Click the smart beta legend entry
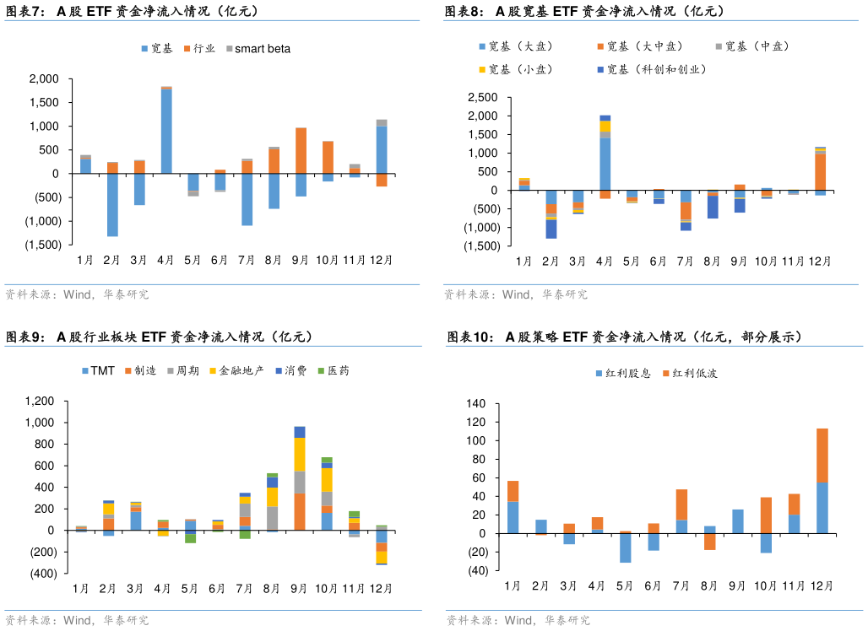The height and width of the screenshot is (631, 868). tap(262, 49)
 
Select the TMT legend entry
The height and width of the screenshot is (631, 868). tap(102, 371)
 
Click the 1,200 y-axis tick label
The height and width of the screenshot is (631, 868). tap(39, 401)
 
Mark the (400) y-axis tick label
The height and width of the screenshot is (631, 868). tap(39, 574)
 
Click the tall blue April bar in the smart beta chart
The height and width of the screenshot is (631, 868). tap(166, 131)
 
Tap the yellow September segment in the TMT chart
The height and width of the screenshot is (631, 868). tap(300, 454)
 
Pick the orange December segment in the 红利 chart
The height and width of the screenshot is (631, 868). tap(822, 455)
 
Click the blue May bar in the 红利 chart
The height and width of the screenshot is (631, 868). tap(625, 547)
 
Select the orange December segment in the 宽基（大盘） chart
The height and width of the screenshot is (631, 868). tap(820, 172)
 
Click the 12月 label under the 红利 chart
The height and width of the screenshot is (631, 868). tap(822, 585)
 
